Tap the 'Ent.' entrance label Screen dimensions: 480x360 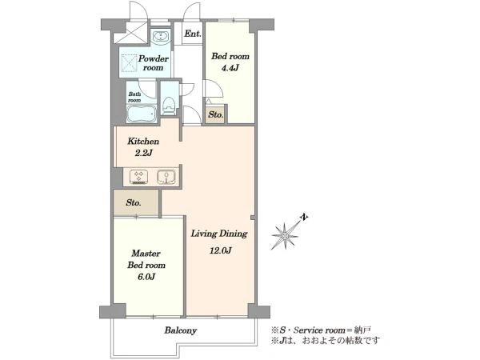[x=193, y=34]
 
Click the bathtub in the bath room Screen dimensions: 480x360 [x=142, y=114]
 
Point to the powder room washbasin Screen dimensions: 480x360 [x=160, y=36]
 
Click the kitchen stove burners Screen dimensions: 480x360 [x=139, y=177]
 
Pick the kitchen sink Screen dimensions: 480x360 [x=166, y=177]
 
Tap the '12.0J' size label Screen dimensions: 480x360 [x=221, y=250]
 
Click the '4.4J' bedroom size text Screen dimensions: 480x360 [x=230, y=68]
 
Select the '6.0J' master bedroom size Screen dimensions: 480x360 [x=146, y=277]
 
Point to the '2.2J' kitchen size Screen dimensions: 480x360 [x=143, y=153]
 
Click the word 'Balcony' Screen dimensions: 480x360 [x=181, y=330]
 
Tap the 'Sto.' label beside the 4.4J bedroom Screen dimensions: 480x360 [x=216, y=114]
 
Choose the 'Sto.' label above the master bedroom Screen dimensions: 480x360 [x=134, y=202]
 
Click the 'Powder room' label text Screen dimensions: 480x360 [x=153, y=63]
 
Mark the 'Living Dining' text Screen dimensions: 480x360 [x=219, y=234]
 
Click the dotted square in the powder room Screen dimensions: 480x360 [x=129, y=63]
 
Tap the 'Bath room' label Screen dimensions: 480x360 [x=134, y=97]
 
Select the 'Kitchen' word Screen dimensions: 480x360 [x=143, y=142]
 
